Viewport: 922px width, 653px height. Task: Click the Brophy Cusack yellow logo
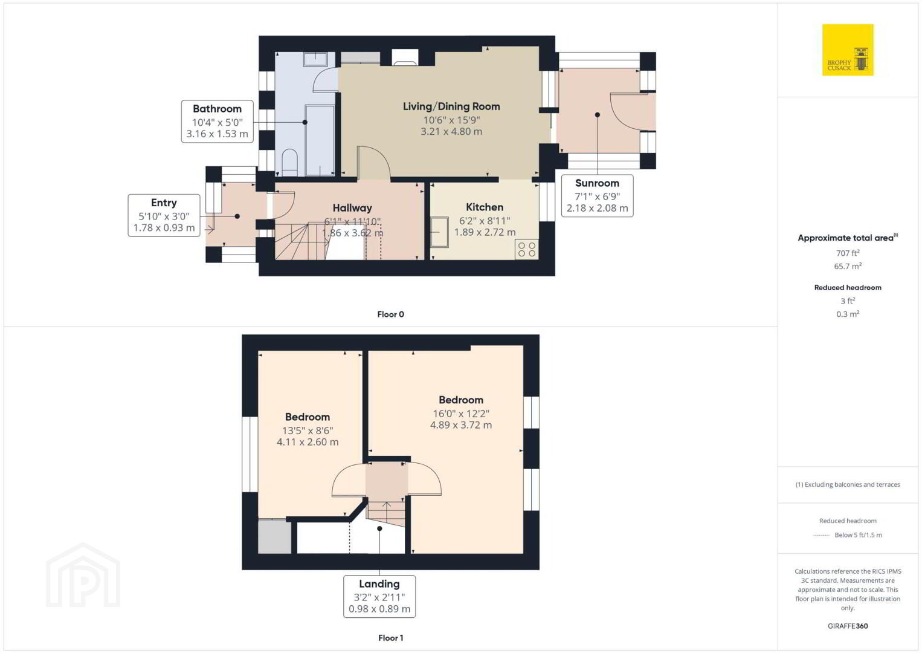[848, 50]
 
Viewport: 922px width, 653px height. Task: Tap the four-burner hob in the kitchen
[526, 249]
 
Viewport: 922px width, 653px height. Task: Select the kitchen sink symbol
[440, 232]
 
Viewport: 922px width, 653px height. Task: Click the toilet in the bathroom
[289, 162]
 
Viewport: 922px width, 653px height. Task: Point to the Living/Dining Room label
[451, 106]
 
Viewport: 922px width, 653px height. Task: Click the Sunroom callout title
[597, 183]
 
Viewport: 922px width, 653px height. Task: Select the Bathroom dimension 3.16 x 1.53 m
[217, 134]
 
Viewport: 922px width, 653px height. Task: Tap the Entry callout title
[164, 203]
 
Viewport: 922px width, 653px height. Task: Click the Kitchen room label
[485, 207]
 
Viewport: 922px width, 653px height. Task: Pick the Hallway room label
[352, 207]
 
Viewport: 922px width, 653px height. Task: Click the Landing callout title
[379, 584]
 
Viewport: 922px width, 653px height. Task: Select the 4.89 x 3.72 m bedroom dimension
[460, 425]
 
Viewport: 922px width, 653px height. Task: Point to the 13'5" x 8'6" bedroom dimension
[308, 430]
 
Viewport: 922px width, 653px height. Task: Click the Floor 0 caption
[391, 314]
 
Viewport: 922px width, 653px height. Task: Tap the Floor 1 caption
[391, 638]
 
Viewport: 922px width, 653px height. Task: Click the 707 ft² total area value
[848, 253]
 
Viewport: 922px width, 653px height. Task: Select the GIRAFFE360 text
[848, 626]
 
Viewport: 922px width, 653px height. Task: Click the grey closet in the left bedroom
[274, 536]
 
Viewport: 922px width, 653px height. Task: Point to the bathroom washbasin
[315, 59]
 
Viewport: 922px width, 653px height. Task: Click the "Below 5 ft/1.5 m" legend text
[858, 534]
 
